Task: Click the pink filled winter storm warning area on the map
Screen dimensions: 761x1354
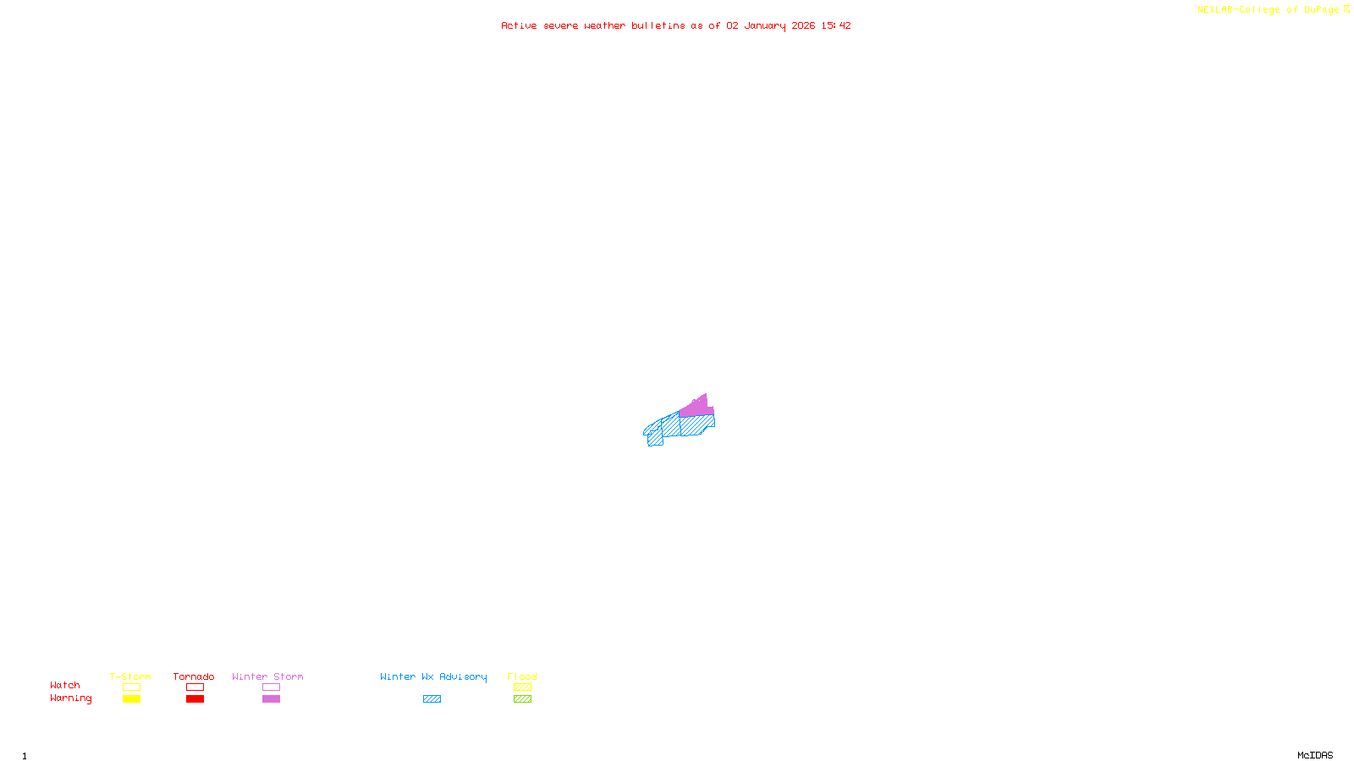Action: pyautogui.click(x=696, y=408)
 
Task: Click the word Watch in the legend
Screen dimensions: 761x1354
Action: pyautogui.click(x=65, y=685)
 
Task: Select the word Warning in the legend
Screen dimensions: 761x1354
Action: pyautogui.click(x=70, y=698)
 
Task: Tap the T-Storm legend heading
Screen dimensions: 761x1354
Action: pyautogui.click(x=130, y=676)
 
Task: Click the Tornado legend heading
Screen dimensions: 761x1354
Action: pyautogui.click(x=194, y=676)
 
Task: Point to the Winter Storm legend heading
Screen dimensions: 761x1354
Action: pyautogui.click(x=267, y=676)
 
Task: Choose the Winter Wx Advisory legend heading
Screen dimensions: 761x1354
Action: pyautogui.click(x=433, y=676)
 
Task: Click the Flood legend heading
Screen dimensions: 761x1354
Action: pyautogui.click(x=522, y=676)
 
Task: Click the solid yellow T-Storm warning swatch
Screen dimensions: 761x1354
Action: pyautogui.click(x=131, y=699)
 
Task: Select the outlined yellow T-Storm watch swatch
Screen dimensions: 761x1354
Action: pyautogui.click(x=131, y=687)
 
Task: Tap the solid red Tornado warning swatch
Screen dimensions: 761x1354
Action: pyautogui.click(x=195, y=699)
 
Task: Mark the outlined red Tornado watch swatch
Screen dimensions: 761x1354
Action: pyautogui.click(x=195, y=687)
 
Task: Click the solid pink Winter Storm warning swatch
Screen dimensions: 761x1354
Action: pyautogui.click(x=271, y=699)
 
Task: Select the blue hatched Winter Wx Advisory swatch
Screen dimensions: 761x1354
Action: pyautogui.click(x=432, y=699)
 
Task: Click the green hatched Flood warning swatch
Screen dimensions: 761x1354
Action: pyautogui.click(x=522, y=699)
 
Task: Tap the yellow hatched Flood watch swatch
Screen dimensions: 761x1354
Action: pyautogui.click(x=522, y=687)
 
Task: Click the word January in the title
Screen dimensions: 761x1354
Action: pyautogui.click(x=765, y=25)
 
